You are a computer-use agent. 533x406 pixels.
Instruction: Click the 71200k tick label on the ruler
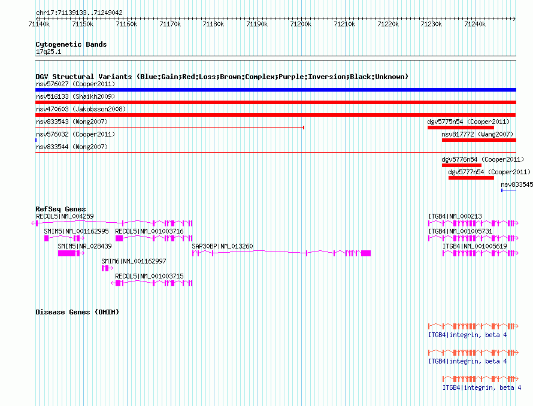(301, 24)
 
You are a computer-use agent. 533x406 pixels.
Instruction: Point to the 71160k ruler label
(126, 24)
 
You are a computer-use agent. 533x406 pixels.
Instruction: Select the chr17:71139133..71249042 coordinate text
(79, 13)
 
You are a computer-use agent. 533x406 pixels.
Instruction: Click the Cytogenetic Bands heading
(71, 44)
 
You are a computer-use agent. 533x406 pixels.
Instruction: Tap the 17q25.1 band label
(49, 51)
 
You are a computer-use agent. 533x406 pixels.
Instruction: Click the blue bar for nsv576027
(275, 90)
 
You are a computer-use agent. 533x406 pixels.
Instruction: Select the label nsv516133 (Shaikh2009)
(75, 96)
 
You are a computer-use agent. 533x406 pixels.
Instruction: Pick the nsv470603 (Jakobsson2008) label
(81, 109)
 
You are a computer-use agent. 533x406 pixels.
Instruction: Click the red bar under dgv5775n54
(461, 128)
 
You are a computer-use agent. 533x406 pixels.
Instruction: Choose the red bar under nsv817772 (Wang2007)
(479, 140)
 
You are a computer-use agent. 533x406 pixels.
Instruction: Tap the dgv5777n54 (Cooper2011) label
(489, 172)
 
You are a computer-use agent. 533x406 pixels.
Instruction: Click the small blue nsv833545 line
(509, 190)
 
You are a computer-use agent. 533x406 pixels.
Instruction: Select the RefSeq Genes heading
(60, 209)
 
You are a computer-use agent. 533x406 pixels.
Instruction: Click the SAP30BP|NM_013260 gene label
(222, 246)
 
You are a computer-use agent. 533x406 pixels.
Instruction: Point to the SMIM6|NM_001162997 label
(134, 261)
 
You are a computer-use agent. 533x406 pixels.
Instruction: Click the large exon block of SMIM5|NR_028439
(66, 253)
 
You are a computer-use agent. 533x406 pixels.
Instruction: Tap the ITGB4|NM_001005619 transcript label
(474, 246)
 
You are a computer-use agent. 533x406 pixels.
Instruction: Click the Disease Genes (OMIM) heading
(77, 312)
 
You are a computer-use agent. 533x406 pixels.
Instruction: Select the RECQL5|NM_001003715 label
(149, 276)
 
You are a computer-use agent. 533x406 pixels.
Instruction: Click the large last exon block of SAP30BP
(366, 253)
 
